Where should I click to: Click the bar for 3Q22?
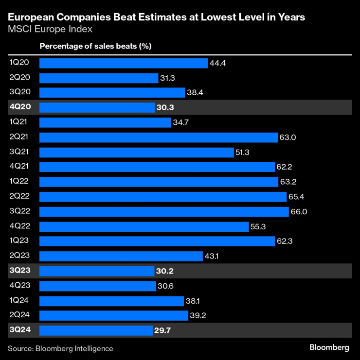[164, 212]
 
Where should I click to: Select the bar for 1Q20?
[124, 63]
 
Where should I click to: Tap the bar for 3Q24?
[96, 331]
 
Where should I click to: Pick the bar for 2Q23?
[121, 256]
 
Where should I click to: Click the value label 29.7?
[163, 331]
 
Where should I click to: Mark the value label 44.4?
[217, 63]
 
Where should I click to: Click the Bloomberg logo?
[329, 347]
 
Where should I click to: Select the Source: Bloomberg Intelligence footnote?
[60, 348]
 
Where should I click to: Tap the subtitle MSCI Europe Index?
[50, 29]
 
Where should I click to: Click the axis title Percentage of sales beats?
[95, 46]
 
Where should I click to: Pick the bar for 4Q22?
[144, 227]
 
